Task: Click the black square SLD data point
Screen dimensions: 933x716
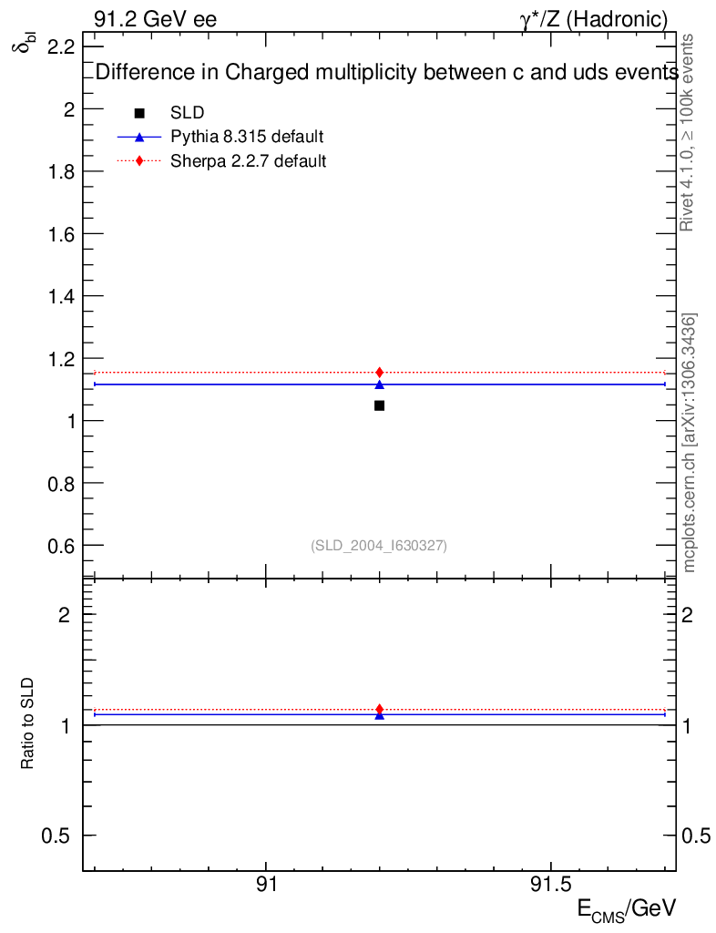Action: click(x=379, y=405)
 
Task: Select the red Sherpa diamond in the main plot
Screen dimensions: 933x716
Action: click(x=379, y=372)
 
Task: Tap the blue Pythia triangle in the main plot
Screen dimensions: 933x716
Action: click(x=379, y=384)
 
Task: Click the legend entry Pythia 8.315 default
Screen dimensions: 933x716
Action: click(x=247, y=137)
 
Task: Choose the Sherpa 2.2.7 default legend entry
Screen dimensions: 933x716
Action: click(x=249, y=161)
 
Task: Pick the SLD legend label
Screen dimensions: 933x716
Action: click(x=187, y=113)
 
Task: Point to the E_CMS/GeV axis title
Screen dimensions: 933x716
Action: click(x=627, y=909)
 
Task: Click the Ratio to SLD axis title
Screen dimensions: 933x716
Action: click(x=28, y=723)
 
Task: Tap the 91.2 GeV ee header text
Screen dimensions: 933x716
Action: click(x=155, y=19)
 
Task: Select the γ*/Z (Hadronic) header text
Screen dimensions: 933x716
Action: click(x=593, y=19)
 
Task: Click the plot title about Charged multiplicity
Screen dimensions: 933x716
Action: click(x=386, y=73)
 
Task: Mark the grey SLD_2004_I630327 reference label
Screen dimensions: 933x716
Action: click(x=379, y=546)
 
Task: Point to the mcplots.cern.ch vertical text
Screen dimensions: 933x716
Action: click(x=690, y=443)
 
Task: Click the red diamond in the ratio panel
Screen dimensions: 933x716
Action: click(x=379, y=709)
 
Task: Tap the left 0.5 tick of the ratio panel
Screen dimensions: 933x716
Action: click(x=58, y=836)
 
